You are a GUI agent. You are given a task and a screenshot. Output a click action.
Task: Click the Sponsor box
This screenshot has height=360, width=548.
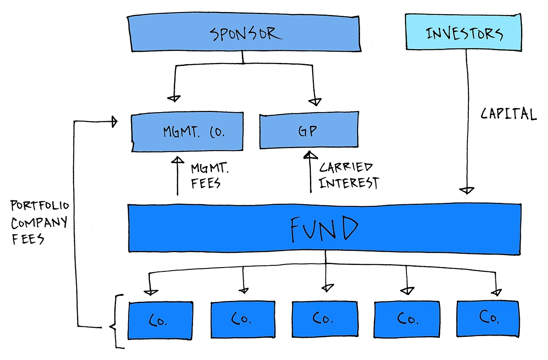(244, 33)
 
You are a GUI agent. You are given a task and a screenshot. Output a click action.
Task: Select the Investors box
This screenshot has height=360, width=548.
(463, 33)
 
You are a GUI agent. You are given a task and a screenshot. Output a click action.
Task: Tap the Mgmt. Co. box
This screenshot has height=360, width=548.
(187, 131)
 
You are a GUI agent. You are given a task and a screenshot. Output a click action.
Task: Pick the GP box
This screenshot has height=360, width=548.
(309, 131)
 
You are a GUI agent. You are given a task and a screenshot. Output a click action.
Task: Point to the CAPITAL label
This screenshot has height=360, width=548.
(508, 114)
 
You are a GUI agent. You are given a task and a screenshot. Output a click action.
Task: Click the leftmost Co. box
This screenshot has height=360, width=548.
(160, 320)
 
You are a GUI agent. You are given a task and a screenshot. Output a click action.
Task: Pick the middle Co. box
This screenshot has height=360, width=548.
(325, 318)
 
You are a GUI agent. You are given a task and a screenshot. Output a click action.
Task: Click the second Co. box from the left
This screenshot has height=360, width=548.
(243, 319)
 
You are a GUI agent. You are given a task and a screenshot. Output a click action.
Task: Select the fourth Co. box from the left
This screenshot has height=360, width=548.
(407, 319)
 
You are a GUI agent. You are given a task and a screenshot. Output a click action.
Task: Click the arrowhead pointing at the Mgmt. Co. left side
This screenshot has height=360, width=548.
(114, 122)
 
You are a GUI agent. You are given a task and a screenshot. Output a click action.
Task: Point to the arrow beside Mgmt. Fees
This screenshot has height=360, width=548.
(177, 176)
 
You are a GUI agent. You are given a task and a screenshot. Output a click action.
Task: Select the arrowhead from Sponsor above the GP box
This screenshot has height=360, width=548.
(315, 102)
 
